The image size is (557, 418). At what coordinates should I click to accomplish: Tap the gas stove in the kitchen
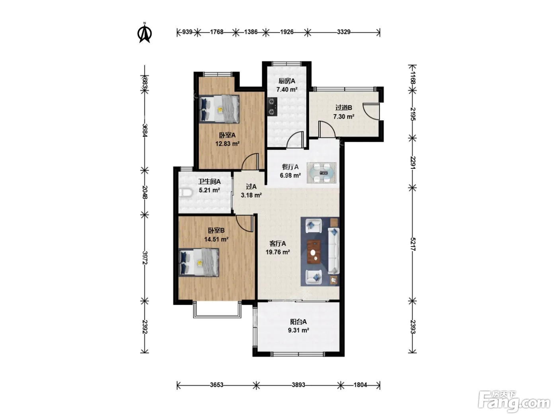point(272,106)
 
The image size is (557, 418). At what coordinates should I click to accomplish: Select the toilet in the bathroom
point(185,193)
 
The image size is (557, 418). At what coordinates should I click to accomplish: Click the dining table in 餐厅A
point(321,173)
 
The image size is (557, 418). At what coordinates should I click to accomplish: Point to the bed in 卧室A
point(219,109)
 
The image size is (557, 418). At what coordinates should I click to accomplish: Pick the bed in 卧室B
point(199,262)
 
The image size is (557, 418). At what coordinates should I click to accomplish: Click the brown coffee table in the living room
point(314,252)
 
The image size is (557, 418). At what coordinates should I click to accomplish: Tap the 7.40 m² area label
point(287,90)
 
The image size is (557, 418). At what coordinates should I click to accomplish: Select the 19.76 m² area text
point(278,252)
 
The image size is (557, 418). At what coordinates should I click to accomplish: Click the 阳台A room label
point(298,322)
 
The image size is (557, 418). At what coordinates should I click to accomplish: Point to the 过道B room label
point(344,107)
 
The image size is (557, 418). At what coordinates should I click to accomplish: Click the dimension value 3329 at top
point(344,32)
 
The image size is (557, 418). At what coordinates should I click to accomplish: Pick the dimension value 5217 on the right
point(413,244)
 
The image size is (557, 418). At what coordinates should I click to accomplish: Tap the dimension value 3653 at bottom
point(216,385)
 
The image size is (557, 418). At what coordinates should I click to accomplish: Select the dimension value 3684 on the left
point(145,130)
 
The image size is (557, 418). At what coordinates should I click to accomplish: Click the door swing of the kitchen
point(295,139)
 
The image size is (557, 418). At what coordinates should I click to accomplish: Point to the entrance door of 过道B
point(371,111)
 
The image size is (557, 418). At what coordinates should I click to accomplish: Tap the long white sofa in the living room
point(334,251)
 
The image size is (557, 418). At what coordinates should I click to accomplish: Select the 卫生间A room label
point(209,182)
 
